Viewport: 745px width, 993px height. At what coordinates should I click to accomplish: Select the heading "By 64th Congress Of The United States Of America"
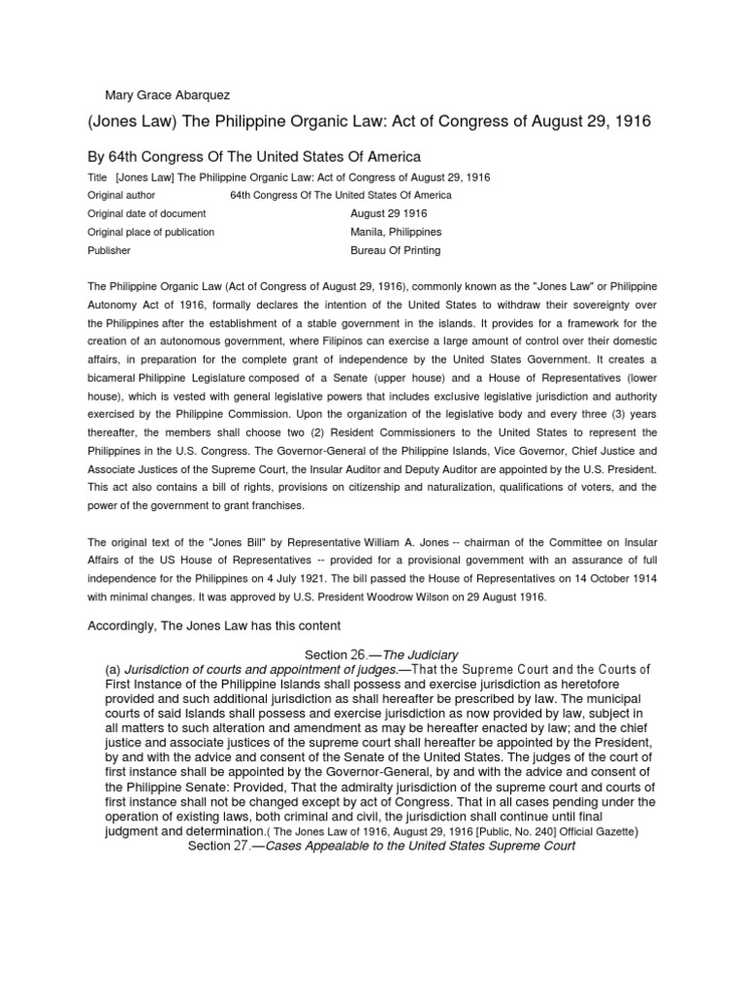(x=254, y=157)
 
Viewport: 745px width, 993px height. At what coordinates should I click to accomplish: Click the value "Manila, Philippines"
(x=396, y=232)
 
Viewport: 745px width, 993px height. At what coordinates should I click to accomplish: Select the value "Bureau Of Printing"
(x=395, y=250)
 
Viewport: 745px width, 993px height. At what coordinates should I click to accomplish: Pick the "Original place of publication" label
(x=151, y=232)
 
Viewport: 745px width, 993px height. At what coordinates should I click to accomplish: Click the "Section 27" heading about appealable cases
(x=381, y=846)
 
